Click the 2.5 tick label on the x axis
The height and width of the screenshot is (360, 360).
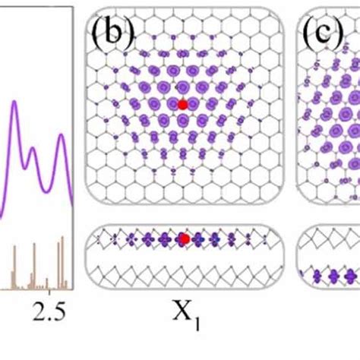(50, 311)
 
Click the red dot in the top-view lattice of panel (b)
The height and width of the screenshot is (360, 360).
(182, 104)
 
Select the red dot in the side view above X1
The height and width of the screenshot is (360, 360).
(183, 239)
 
